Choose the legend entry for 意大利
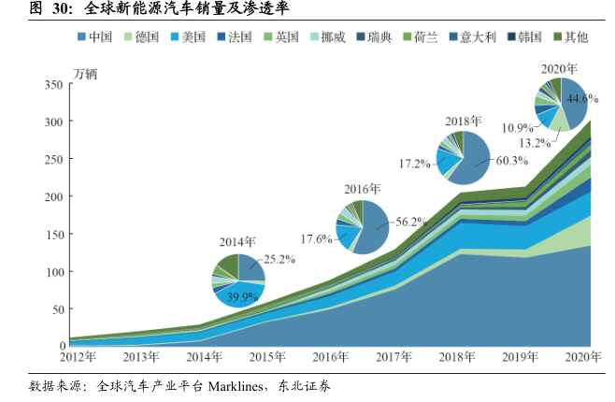pyautogui.click(x=471, y=37)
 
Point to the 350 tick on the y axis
pyautogui.click(x=52, y=85)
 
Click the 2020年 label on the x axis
pyautogui.click(x=584, y=356)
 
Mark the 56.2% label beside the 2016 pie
pyautogui.click(x=411, y=222)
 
